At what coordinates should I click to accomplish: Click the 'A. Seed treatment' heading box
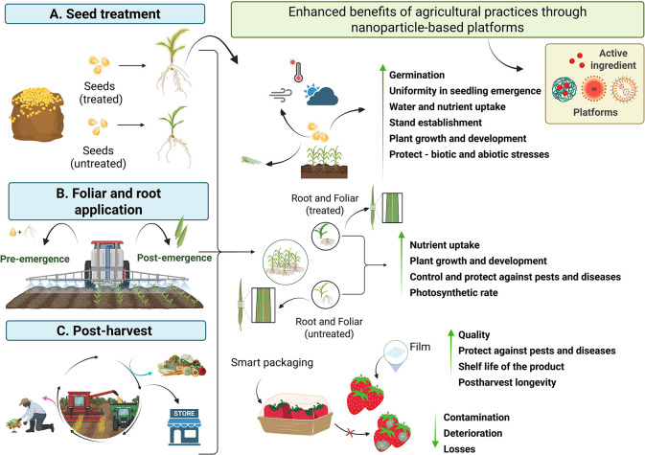104,13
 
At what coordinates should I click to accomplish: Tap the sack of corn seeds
37,114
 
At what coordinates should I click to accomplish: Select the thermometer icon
297,71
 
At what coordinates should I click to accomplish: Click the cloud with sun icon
321,94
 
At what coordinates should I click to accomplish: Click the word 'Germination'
417,75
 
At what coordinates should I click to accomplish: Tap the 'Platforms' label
595,112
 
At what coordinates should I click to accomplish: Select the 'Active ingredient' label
613,59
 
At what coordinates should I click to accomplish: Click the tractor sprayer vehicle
107,264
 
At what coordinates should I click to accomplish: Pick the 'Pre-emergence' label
35,259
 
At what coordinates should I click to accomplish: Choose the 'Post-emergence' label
174,258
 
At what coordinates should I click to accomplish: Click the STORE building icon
184,426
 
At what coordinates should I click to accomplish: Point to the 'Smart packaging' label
272,362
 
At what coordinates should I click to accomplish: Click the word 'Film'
420,347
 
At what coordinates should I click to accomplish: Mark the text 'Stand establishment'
436,123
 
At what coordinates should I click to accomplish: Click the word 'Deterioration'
472,433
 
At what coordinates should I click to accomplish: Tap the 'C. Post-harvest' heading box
105,330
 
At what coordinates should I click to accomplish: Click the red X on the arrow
350,432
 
